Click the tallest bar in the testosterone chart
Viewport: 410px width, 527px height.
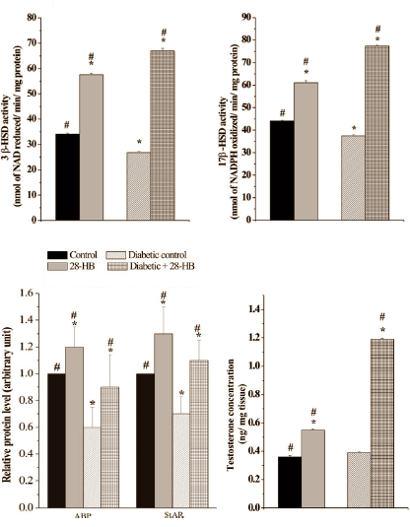(374, 424)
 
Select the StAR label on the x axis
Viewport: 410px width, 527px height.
(171, 518)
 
